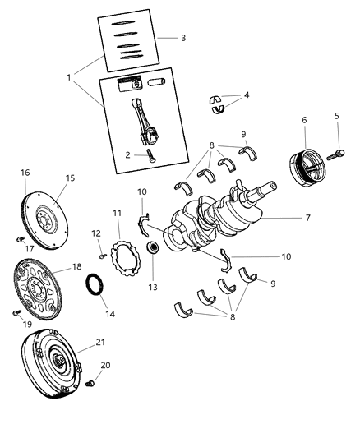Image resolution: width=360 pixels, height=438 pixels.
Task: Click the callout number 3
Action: [x=183, y=38]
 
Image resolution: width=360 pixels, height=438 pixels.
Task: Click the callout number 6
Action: [x=304, y=120]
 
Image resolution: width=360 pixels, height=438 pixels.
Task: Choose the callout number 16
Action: [x=25, y=173]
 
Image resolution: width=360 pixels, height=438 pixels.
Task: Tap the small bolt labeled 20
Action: [x=92, y=383]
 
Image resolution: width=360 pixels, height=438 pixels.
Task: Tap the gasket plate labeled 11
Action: [x=127, y=254]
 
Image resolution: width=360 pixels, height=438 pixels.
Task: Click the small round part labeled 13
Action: [x=152, y=248]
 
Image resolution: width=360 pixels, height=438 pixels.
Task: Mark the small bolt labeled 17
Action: [x=19, y=237]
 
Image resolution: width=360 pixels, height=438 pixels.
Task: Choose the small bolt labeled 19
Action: [x=15, y=313]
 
